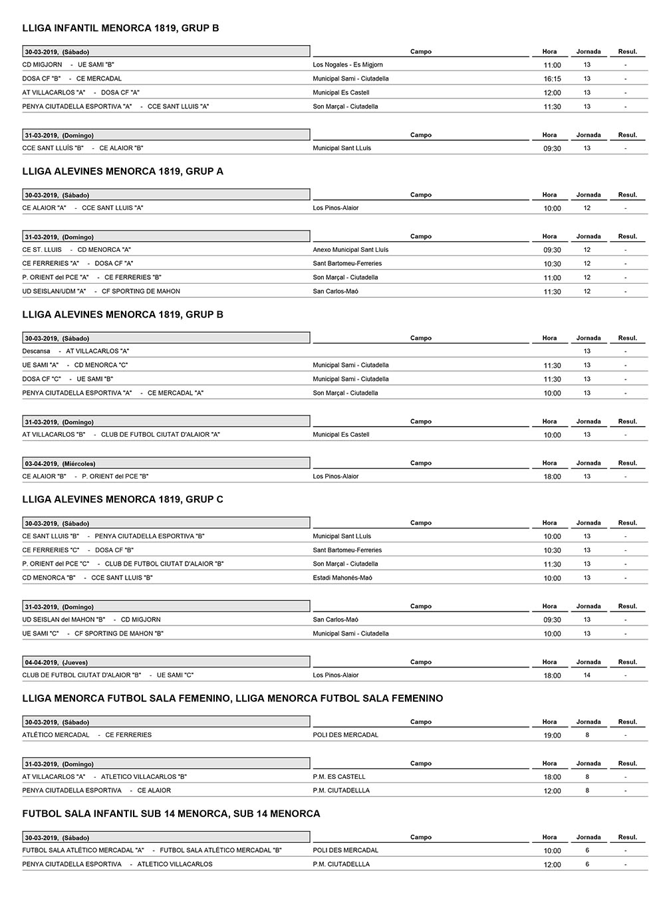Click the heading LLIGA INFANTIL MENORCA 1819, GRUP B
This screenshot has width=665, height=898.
(x=120, y=28)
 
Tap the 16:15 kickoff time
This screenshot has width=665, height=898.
(x=552, y=79)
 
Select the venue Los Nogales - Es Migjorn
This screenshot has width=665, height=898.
(x=348, y=65)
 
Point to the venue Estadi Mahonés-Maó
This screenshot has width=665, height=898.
(x=342, y=578)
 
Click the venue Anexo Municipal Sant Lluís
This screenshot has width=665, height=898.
(x=350, y=250)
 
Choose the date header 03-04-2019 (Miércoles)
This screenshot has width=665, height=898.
(x=60, y=463)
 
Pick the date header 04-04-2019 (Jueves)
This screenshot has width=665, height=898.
(x=56, y=662)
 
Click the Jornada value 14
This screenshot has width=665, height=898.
(x=587, y=675)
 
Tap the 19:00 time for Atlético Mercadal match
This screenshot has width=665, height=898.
(x=552, y=736)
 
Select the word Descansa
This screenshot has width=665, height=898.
(x=36, y=351)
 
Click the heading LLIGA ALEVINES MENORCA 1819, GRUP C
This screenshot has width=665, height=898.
(x=122, y=499)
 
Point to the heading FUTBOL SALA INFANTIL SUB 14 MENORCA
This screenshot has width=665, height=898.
(x=171, y=814)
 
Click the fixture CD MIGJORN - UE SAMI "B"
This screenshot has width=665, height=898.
(x=68, y=65)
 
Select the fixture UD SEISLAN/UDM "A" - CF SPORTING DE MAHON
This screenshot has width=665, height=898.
(x=101, y=291)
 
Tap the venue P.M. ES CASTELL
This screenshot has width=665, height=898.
(x=339, y=776)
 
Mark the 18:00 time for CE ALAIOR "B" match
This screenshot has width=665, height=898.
(x=552, y=477)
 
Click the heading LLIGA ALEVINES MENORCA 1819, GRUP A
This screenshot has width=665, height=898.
(x=122, y=171)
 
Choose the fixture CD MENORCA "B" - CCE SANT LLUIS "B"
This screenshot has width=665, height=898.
(x=87, y=578)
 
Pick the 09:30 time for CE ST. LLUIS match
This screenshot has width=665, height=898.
(x=552, y=251)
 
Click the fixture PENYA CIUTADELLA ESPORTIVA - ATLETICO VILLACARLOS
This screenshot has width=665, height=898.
(x=117, y=864)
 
